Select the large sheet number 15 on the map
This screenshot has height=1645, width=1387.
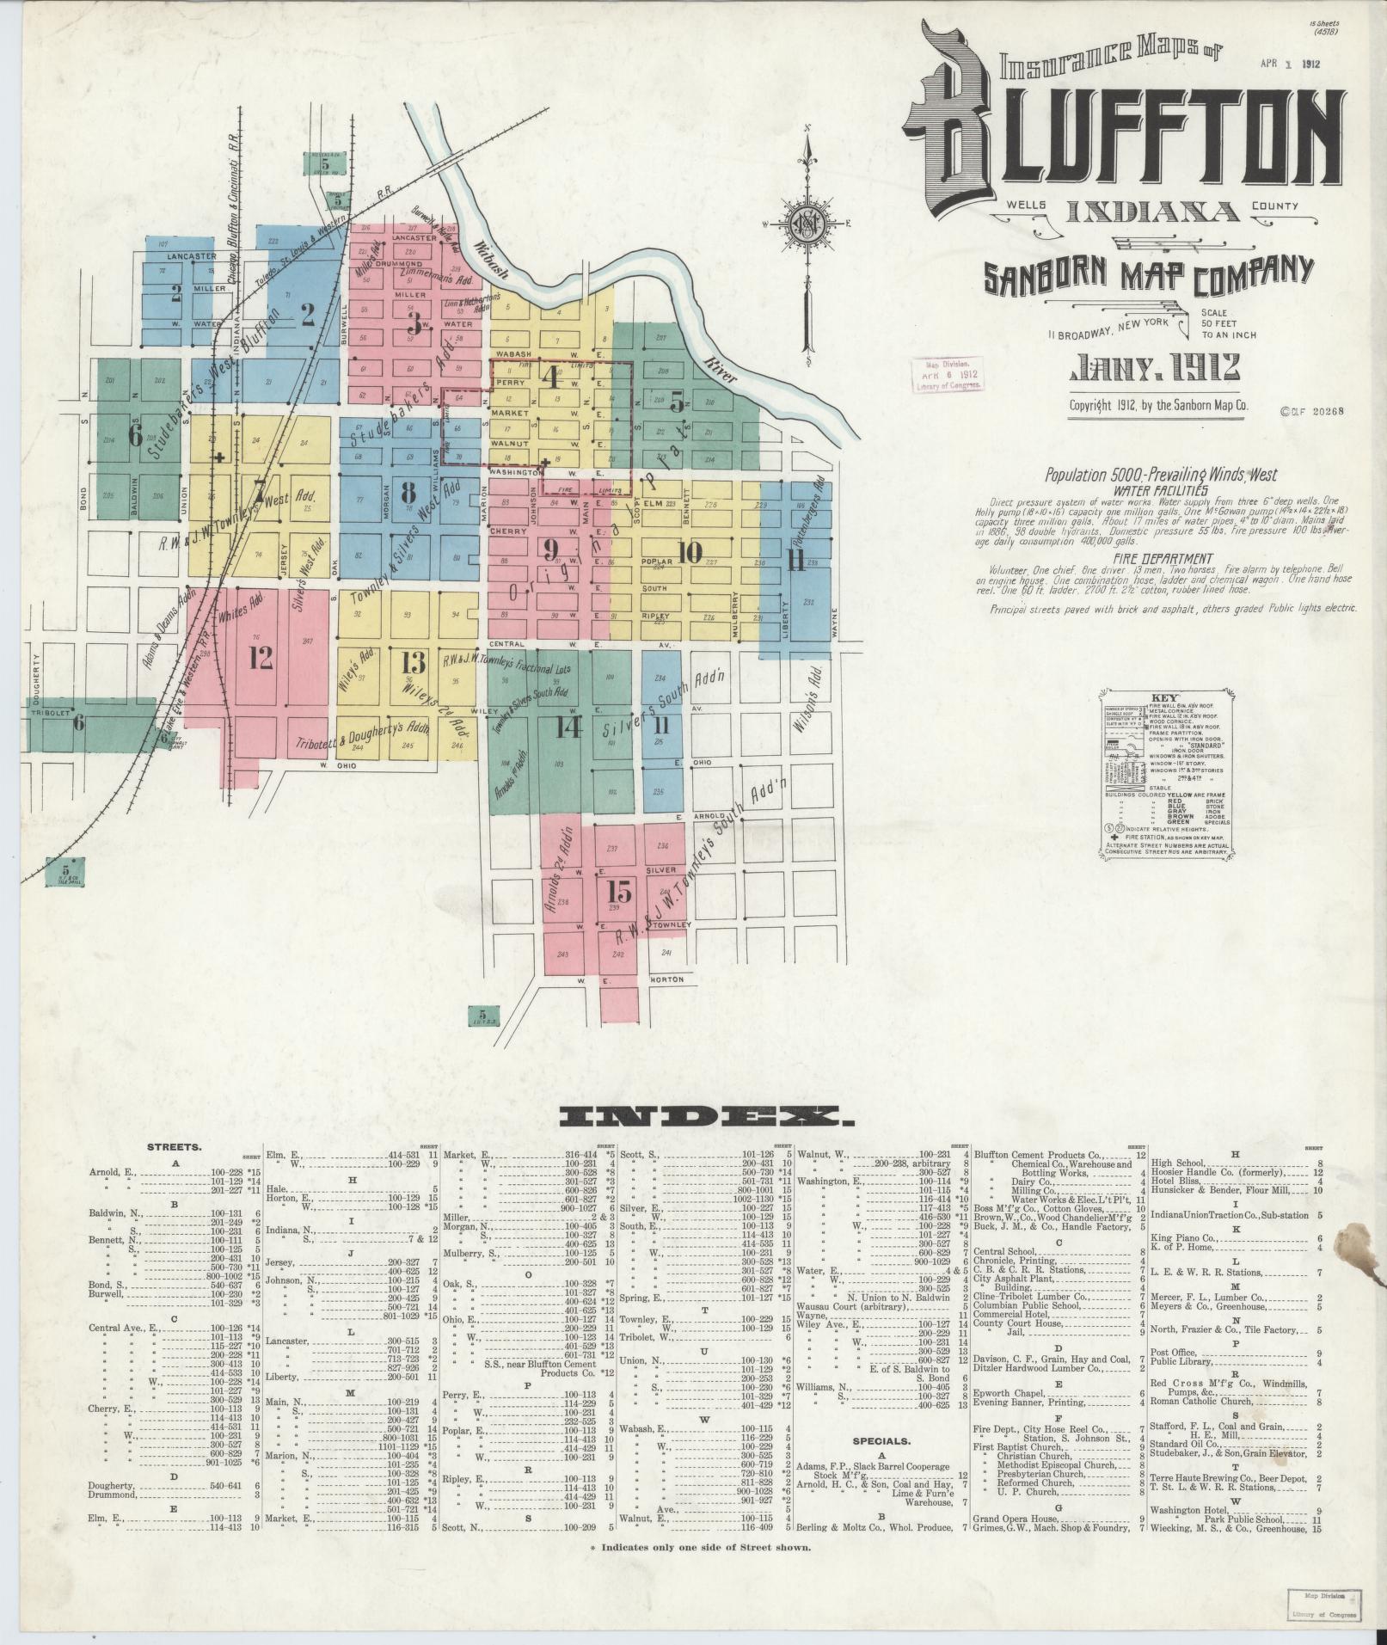tap(619, 891)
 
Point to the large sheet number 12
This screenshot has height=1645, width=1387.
tap(261, 657)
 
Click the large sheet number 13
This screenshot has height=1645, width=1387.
tap(413, 662)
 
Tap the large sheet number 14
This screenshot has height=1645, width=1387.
tap(568, 727)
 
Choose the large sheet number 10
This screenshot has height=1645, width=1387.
tap(689, 553)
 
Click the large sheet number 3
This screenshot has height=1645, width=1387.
tap(414, 324)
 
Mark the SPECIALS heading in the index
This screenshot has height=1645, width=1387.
tap(881, 1440)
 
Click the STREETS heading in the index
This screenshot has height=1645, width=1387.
tap(175, 1146)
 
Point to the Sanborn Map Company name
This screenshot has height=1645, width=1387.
tap(1148, 275)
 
